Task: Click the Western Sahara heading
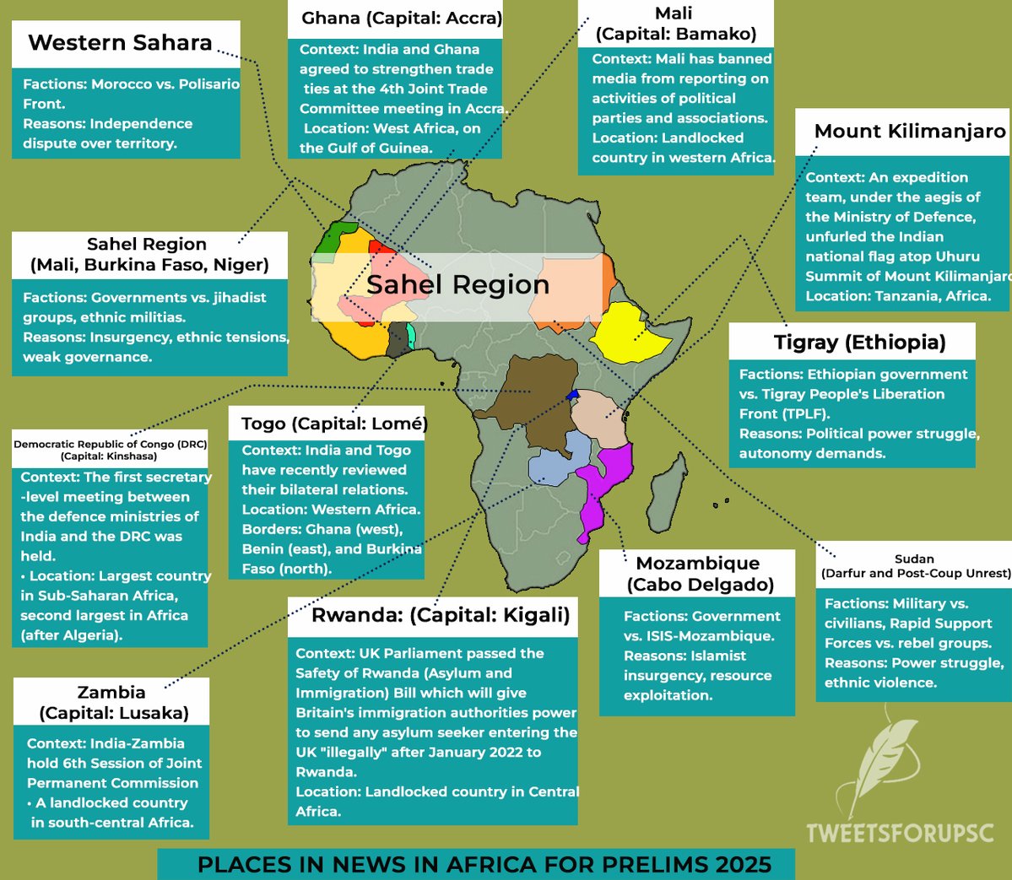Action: (120, 43)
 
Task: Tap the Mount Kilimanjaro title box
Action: (909, 132)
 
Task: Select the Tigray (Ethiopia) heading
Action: (859, 343)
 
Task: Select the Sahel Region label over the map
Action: (457, 285)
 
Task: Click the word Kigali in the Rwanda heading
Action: (537, 615)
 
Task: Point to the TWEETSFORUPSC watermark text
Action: (899, 833)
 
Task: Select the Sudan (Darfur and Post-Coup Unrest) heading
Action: (915, 565)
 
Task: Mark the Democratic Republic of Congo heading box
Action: (110, 450)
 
